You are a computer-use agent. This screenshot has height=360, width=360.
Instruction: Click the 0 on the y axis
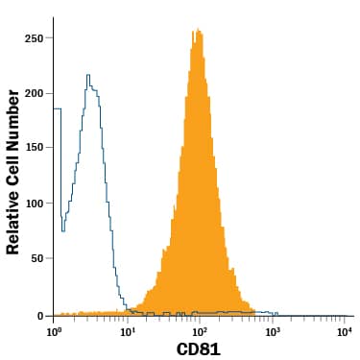point(43,315)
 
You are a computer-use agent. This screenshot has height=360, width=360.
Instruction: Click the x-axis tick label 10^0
point(55,331)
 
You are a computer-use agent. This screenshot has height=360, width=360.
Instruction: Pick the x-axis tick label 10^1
point(128,331)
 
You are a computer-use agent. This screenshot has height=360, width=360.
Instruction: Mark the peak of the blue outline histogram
point(88,75)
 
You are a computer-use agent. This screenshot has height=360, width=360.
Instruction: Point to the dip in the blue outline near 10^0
point(63,229)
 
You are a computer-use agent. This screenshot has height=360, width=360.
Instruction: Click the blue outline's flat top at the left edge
point(58,108)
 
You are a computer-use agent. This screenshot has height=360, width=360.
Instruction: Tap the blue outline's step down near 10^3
point(275,314)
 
